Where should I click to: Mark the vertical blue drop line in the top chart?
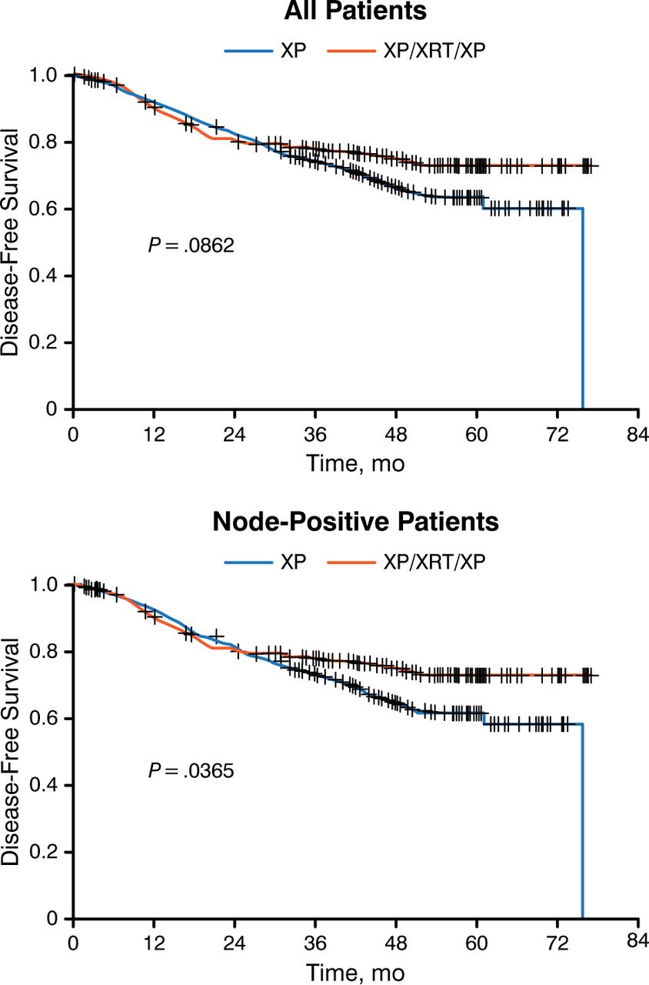pos(582,308)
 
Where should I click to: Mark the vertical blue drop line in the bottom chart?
pos(582,823)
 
